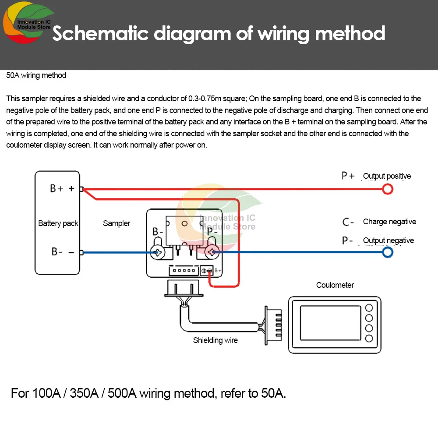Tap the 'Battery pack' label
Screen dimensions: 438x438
[x=58, y=223]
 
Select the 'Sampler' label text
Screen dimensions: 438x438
[x=117, y=223]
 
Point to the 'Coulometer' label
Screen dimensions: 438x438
[x=335, y=285]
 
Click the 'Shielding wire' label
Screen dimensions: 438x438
[x=215, y=340]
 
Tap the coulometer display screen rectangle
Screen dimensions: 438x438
[x=330, y=323]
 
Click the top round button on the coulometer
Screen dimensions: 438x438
[x=369, y=308]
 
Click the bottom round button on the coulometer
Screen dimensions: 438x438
[x=369, y=338]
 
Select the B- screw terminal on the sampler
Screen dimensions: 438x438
[x=158, y=252]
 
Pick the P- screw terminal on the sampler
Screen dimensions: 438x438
[x=212, y=252]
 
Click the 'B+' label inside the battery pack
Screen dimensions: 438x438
[x=57, y=188]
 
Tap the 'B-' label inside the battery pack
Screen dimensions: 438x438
[x=57, y=252]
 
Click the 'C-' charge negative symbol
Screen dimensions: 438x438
[x=348, y=222]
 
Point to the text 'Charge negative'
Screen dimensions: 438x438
[x=389, y=222]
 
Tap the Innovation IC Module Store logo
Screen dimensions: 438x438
[x=28, y=22]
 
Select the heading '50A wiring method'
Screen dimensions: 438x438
[x=36, y=75]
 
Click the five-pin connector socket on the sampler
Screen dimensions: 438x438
[x=184, y=270]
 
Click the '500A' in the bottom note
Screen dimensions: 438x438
[x=122, y=393]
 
